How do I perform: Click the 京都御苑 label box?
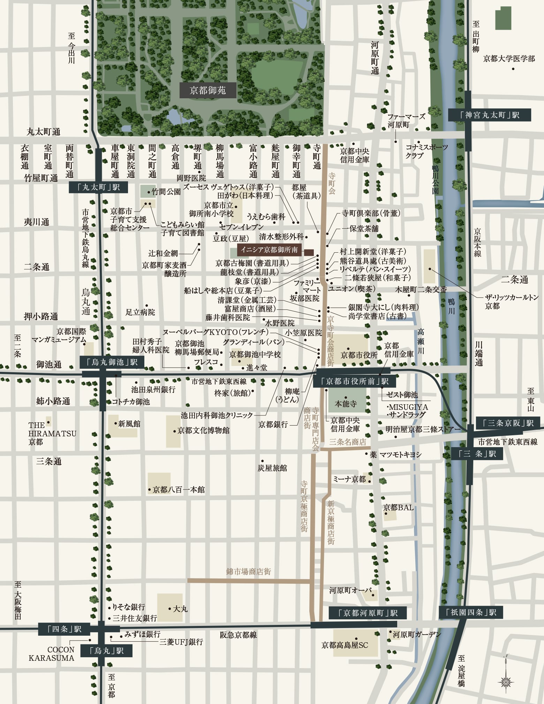tap(208, 90)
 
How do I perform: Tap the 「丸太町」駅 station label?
tap(98, 187)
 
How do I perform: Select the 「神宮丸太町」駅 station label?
tap(489, 115)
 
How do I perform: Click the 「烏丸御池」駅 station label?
tap(112, 362)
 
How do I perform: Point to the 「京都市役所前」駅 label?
tap(355, 381)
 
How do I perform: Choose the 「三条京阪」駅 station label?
tap(508, 423)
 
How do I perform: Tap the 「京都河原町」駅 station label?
tap(368, 613)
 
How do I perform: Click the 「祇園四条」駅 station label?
tap(471, 612)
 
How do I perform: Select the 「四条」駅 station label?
tap(64, 629)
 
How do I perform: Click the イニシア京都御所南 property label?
tap(269, 250)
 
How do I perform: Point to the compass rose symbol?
tap(506, 681)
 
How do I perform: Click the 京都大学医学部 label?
tap(509, 59)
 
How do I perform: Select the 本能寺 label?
tap(346, 404)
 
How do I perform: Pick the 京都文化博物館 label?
tap(203, 430)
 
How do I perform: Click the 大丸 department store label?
tap(180, 609)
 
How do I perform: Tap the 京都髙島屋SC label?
tap(345, 645)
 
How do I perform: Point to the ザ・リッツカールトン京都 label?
tap(512, 301)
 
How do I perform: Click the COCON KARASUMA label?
tap(51, 654)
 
